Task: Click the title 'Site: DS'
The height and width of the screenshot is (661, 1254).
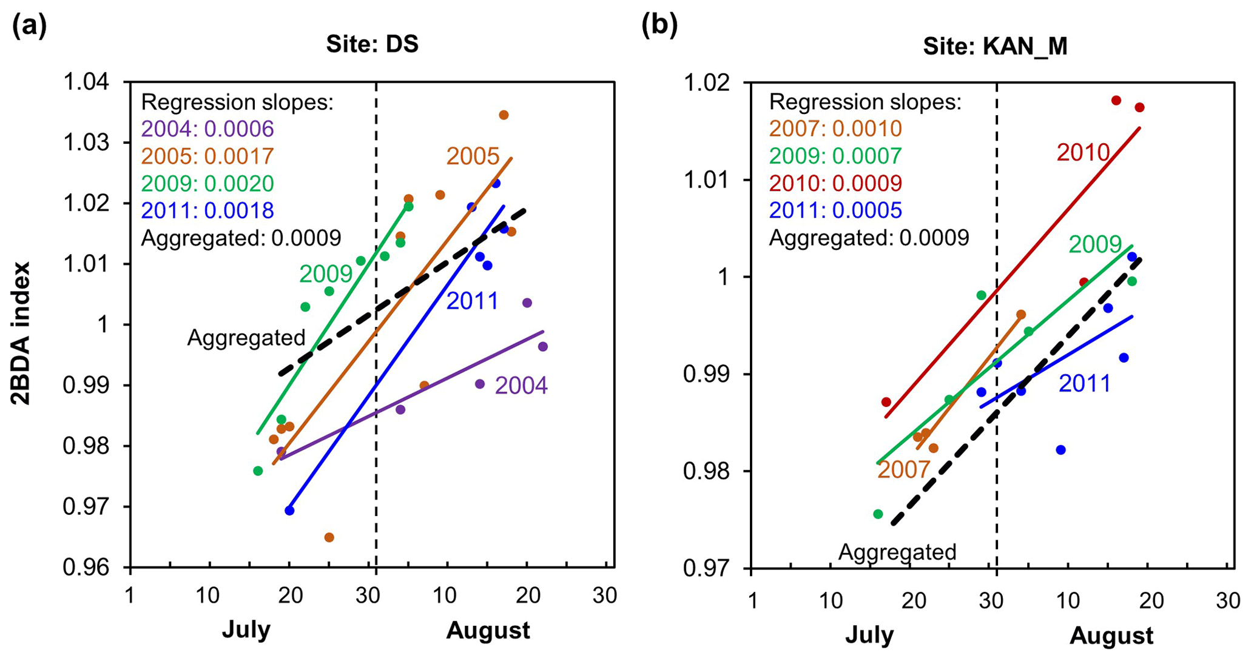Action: [x=372, y=44]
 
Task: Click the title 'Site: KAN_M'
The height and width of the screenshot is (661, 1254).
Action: [x=995, y=46]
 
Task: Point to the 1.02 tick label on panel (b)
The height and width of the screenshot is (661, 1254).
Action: [x=709, y=82]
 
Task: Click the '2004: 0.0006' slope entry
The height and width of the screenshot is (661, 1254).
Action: [x=207, y=129]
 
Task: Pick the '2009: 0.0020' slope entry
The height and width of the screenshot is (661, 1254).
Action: [x=207, y=183]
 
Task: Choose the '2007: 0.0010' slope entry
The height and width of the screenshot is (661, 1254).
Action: [x=835, y=129]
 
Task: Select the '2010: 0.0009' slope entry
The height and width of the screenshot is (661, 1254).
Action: [x=835, y=183]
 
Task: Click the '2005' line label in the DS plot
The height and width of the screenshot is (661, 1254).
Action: [x=473, y=156]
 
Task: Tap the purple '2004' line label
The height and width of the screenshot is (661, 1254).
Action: [x=521, y=386]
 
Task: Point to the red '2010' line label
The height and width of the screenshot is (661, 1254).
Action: [x=1083, y=153]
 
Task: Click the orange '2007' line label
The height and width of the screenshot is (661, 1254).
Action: [x=903, y=469]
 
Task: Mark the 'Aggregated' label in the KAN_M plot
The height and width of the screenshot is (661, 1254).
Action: [x=897, y=552]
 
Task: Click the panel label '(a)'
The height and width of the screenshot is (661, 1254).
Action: [x=29, y=28]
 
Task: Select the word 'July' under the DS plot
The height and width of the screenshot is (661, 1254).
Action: [x=246, y=630]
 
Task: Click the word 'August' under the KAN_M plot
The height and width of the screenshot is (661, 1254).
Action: [x=1111, y=636]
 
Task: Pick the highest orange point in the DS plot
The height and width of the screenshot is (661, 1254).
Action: [x=504, y=115]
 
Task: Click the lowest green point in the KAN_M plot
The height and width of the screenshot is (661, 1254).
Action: [x=878, y=514]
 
